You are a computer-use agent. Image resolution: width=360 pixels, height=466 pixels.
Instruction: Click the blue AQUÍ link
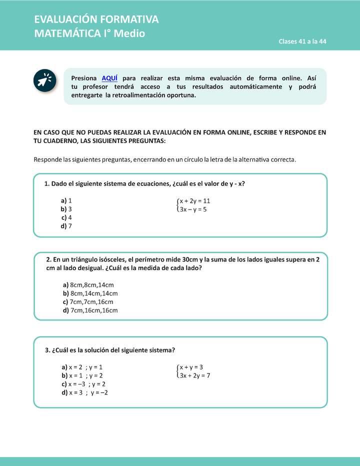click(109, 78)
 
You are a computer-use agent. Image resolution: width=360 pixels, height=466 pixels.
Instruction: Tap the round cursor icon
click(45, 80)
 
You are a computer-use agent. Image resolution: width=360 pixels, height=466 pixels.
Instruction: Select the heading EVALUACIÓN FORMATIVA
click(96, 19)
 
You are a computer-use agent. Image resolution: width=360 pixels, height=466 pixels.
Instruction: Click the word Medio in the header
click(131, 34)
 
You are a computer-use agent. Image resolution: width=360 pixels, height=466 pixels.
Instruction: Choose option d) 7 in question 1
click(66, 226)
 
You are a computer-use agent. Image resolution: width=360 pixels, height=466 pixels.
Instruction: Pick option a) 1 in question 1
click(66, 200)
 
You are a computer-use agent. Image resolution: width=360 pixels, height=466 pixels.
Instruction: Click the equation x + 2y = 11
click(195, 201)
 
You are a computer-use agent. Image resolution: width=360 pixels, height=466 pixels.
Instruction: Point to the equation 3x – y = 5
click(193, 209)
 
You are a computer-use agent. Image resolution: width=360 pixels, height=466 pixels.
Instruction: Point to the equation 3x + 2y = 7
click(195, 375)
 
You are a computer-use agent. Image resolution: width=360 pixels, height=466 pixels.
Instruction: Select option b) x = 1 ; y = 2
click(82, 375)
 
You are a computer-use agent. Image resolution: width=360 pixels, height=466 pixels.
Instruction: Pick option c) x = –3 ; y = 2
click(84, 384)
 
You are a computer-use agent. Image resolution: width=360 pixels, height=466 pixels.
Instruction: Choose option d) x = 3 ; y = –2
click(85, 392)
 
